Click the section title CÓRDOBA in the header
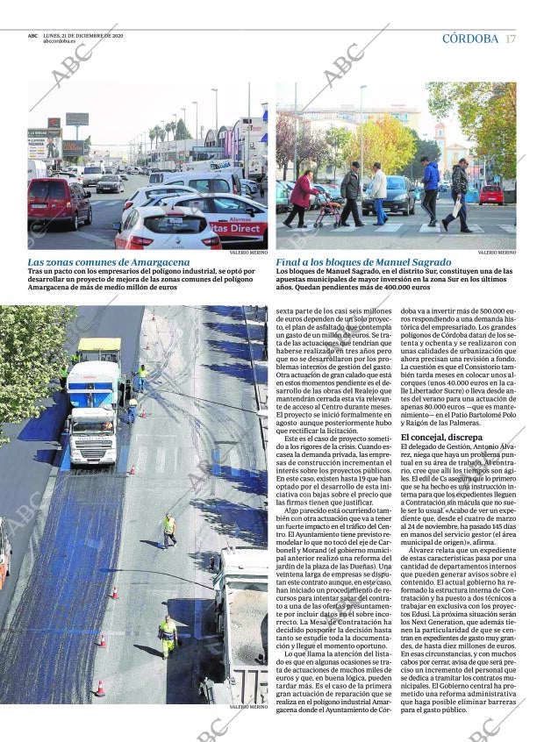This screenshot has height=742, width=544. coord(469,39)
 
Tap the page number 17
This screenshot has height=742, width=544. coord(511,39)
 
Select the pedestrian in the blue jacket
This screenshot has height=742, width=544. coord(430,188)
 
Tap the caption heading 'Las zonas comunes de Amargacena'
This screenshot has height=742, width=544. coord(108,262)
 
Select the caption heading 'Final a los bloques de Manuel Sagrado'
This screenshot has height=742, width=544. coord(363,262)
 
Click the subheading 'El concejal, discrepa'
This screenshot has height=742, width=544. coord(440,437)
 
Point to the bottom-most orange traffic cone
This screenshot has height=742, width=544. coord(100,688)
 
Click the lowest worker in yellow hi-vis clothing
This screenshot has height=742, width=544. coord(167,635)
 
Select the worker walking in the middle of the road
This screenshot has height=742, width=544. coord(168,529)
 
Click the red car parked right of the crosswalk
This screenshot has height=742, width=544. coord(490,194)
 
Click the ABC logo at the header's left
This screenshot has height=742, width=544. coord(32,36)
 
